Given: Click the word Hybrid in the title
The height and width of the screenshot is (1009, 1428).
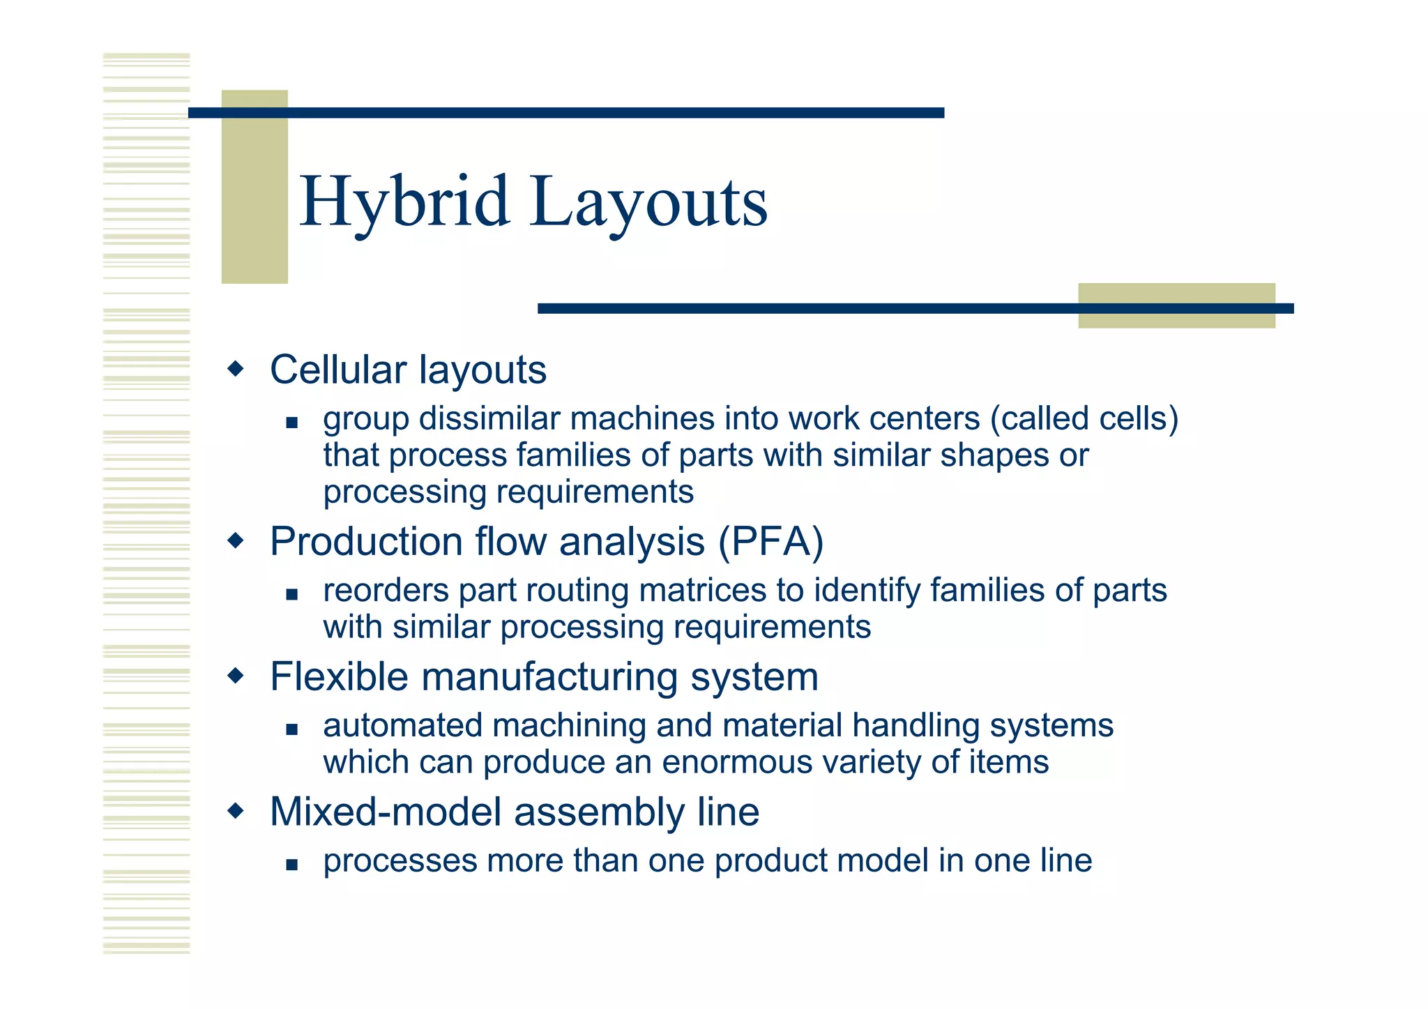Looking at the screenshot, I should (404, 202).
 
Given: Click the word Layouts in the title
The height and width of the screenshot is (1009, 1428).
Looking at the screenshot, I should (648, 202).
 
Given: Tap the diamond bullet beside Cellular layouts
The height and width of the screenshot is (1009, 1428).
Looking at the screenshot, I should (236, 368).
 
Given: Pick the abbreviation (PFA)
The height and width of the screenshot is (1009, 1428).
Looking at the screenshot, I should (770, 542).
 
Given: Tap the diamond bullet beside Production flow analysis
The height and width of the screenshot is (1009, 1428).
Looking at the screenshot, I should (236, 540).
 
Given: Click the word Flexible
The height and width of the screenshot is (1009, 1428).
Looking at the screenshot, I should (339, 676).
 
